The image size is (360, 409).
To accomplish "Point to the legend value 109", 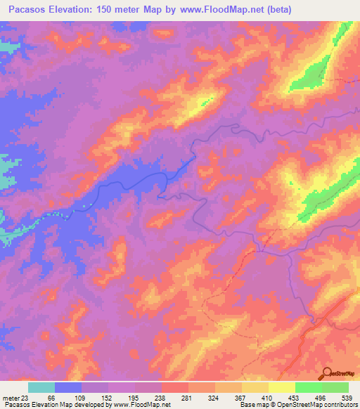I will (x=82, y=397).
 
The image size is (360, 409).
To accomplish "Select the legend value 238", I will (x=161, y=397).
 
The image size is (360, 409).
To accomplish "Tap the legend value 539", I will (x=348, y=397).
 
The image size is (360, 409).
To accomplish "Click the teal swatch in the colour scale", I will (x=41, y=387).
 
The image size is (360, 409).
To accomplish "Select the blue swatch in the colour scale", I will (x=68, y=387).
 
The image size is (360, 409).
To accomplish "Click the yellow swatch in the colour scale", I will (x=281, y=387).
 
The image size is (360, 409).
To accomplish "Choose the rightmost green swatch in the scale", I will (x=335, y=387).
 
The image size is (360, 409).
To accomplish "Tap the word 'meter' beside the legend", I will (x=10, y=397).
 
